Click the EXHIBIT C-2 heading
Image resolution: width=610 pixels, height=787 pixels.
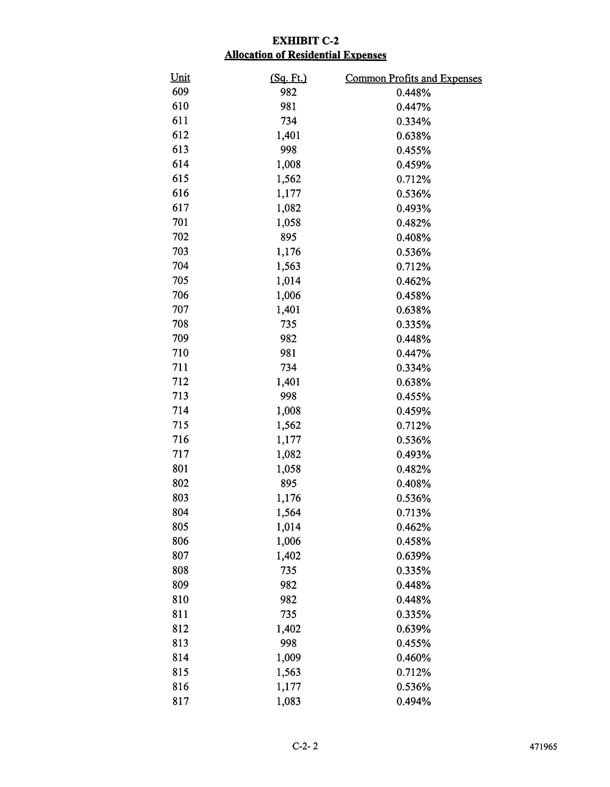[x=305, y=41]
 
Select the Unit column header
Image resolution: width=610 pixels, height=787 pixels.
[x=180, y=78]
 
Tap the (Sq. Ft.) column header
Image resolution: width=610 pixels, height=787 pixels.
[x=288, y=78]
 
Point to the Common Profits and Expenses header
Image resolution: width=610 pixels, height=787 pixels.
[x=413, y=78]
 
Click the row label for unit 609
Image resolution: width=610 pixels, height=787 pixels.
[x=180, y=92]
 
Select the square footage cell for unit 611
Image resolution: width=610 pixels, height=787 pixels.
[x=288, y=121]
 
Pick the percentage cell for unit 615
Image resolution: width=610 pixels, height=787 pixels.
[x=413, y=180]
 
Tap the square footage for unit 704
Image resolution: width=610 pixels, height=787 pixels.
[x=288, y=266]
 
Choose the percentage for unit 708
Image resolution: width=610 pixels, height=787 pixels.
[x=413, y=325]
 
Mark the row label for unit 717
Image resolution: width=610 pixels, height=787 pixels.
[x=180, y=454]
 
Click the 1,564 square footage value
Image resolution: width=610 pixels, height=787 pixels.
[x=288, y=512]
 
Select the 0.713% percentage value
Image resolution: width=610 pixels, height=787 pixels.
[x=413, y=513]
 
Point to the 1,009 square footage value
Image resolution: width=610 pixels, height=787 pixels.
[x=288, y=658]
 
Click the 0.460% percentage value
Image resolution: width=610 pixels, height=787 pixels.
[x=413, y=658]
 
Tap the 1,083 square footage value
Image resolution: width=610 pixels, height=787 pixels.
[x=288, y=701]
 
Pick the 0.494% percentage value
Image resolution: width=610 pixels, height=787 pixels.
[x=413, y=702]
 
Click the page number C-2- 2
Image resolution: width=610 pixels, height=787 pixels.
[x=305, y=746]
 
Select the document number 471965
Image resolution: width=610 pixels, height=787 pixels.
[x=543, y=747]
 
